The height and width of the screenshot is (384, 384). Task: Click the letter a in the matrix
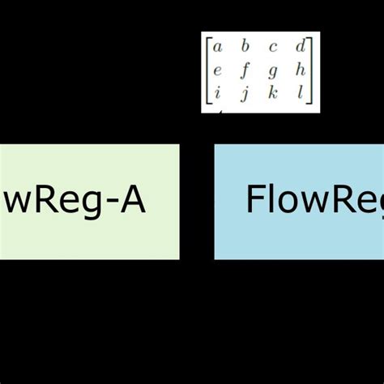pyautogui.click(x=217, y=46)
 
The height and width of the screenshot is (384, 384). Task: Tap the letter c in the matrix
pyautogui.click(x=274, y=46)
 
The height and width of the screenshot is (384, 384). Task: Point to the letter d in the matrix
pyautogui.click(x=301, y=46)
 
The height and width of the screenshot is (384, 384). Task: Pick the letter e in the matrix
pyautogui.click(x=217, y=70)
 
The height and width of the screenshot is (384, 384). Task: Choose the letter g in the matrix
pyautogui.click(x=274, y=70)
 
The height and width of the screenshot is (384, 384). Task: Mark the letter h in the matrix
pyautogui.click(x=301, y=70)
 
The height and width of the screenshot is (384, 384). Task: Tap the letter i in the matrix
pyautogui.click(x=217, y=92)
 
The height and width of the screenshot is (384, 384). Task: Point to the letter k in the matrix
pyautogui.click(x=274, y=92)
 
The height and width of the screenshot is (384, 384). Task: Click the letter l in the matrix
pyautogui.click(x=301, y=92)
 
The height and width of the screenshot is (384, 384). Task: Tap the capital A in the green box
pyautogui.click(x=130, y=200)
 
